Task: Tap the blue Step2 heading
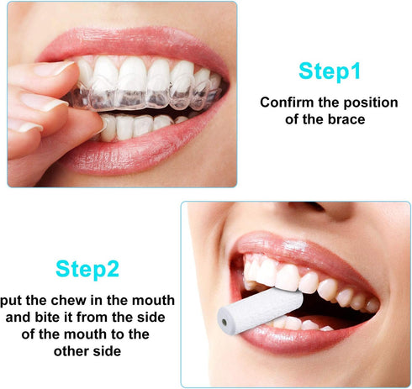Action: (x=87, y=269)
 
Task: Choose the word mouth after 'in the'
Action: (x=155, y=300)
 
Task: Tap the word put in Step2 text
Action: (x=12, y=300)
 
